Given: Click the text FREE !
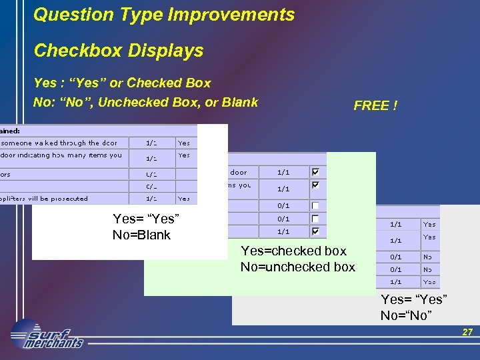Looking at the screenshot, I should click(x=375, y=106).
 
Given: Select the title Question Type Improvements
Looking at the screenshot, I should click(x=164, y=15).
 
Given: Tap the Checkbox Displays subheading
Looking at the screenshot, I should click(x=119, y=51).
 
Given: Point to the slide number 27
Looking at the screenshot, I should click(x=467, y=332).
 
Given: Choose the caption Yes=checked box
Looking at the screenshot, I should click(x=293, y=251).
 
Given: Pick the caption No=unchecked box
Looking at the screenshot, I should click(x=298, y=267).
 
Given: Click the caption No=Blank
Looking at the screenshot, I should click(x=141, y=235).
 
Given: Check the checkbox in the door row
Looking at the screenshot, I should click(x=315, y=172).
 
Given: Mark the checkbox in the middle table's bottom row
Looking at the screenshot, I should click(x=315, y=231).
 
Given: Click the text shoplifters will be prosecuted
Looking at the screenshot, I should click(x=45, y=198).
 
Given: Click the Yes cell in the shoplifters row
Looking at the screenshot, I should click(x=184, y=198).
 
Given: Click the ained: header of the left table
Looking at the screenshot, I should click(x=11, y=131).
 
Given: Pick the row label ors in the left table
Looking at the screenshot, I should click(x=6, y=174).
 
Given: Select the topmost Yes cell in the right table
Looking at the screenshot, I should click(x=430, y=225).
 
